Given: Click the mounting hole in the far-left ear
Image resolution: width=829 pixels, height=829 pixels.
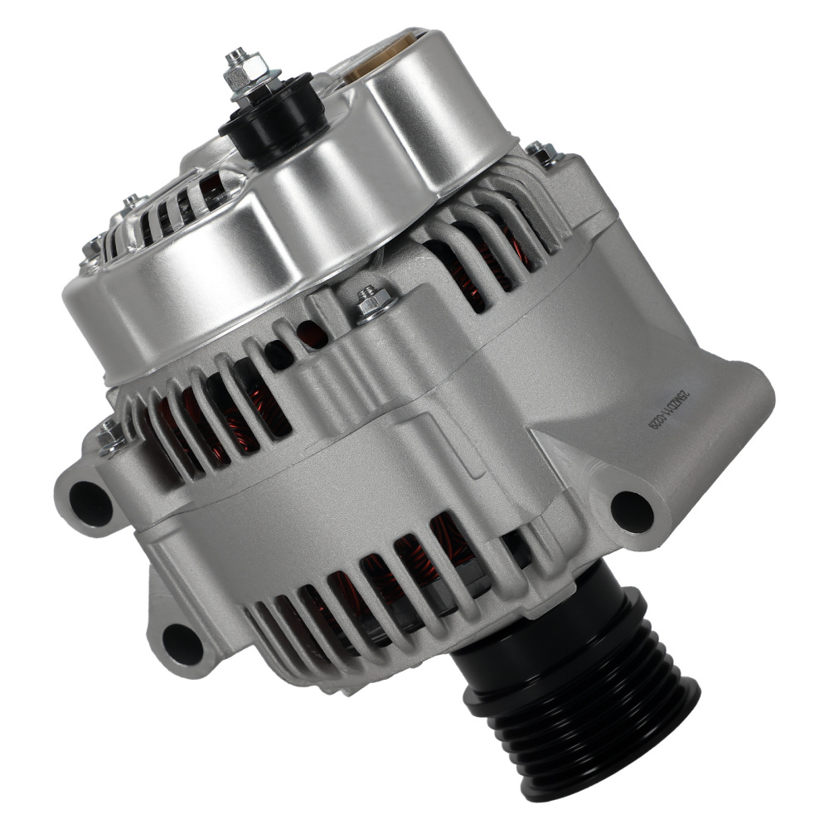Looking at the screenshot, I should point(90,502).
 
